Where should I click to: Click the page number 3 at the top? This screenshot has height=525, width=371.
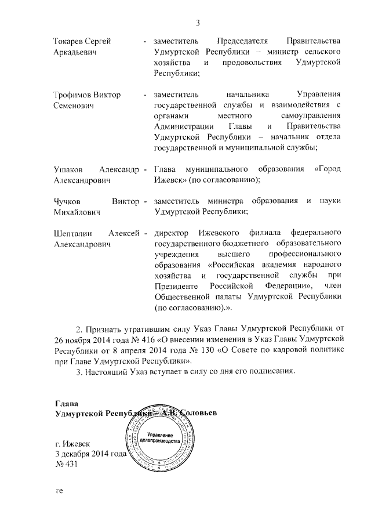coord(197,23)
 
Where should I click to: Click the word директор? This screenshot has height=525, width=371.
coord(172,234)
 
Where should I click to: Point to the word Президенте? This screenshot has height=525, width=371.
coord(176,288)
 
